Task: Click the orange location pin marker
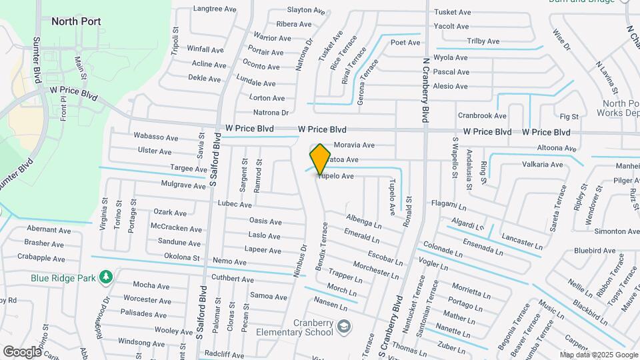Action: (321, 159)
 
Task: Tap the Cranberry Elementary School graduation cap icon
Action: (343, 326)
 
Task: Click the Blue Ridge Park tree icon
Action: (105, 276)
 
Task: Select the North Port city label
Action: (76, 21)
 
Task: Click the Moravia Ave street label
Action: (354, 145)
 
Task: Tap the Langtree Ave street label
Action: (215, 9)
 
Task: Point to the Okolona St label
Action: (182, 257)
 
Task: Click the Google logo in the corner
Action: (22, 351)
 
